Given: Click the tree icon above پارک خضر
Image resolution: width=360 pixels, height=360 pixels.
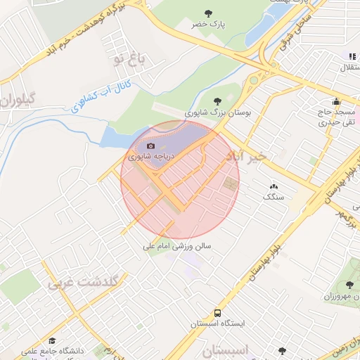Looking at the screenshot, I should [x=208, y=13].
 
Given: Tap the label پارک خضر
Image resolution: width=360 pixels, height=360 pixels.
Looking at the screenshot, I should [x=208, y=25].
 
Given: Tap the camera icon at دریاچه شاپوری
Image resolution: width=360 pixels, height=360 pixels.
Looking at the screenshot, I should [x=150, y=146].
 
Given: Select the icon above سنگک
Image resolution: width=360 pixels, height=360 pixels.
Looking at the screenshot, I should [x=273, y=186].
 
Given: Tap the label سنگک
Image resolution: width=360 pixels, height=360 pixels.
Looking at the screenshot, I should [x=274, y=197].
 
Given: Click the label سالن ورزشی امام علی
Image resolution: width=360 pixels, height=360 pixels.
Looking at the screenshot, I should [x=177, y=247].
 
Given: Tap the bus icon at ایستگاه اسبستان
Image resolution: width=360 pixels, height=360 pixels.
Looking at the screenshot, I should [x=217, y=313].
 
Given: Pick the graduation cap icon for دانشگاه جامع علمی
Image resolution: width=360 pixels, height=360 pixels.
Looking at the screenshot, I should [x=52, y=340].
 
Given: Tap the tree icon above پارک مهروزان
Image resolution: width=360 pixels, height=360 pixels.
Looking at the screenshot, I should [x=349, y=285].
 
